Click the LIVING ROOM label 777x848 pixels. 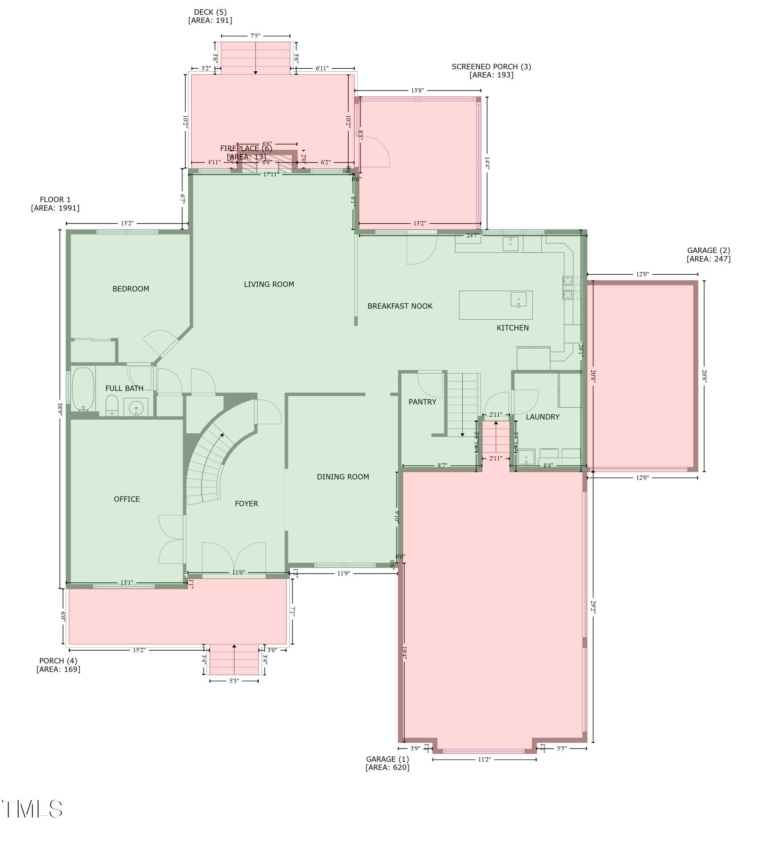pos(268,284)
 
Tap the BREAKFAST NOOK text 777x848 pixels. pos(400,306)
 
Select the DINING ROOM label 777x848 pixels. pos(343,477)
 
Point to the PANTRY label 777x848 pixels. pos(422,402)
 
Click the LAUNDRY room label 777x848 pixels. pos(542,416)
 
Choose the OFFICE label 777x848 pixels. pos(126,499)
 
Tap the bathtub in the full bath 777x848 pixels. pos(83,389)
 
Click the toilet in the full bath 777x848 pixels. pos(112,405)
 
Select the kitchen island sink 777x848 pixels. pos(518,299)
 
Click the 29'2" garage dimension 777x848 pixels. pos(593,607)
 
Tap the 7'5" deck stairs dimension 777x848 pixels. pos(255,36)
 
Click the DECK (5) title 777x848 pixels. pos(210,12)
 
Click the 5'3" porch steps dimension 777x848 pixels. pos(234,681)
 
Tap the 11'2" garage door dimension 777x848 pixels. pos(484,759)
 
